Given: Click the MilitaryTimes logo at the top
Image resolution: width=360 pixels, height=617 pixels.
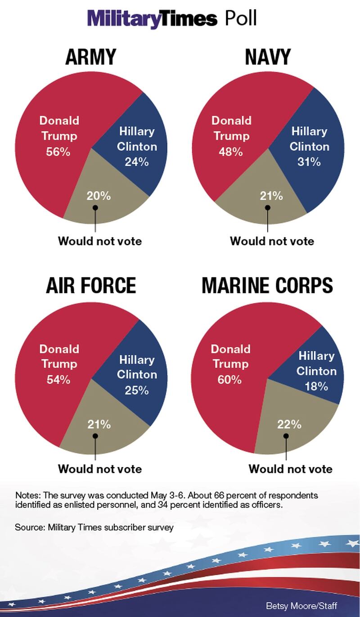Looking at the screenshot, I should pyautogui.click(x=152, y=19).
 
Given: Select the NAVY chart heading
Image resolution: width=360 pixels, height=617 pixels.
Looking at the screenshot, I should pyautogui.click(x=267, y=57).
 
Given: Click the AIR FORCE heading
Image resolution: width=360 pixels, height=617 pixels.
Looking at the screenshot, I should pyautogui.click(x=91, y=286).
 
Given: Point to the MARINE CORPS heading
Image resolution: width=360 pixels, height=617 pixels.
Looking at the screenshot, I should pyautogui.click(x=267, y=286).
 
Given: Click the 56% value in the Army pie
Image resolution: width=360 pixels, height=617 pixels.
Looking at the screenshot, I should pyautogui.click(x=58, y=152).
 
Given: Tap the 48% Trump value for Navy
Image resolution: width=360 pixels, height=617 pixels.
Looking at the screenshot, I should pyautogui.click(x=231, y=152).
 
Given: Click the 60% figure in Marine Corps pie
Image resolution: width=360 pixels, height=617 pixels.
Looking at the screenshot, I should pyautogui.click(x=230, y=380).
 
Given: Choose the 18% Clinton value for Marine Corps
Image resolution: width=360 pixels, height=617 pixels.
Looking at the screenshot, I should pyautogui.click(x=316, y=386).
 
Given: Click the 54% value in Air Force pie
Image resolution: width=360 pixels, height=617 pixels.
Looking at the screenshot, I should pyautogui.click(x=58, y=380).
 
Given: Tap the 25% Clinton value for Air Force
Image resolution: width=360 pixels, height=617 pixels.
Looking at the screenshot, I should pyautogui.click(x=137, y=390).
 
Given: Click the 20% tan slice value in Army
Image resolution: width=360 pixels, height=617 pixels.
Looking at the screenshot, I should pyautogui.click(x=99, y=196).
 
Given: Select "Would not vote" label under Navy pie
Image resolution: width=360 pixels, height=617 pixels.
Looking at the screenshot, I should pyautogui.click(x=272, y=241).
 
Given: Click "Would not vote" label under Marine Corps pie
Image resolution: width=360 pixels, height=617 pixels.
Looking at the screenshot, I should pyautogui.click(x=291, y=469).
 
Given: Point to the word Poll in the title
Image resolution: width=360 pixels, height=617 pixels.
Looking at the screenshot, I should pyautogui.click(x=241, y=19).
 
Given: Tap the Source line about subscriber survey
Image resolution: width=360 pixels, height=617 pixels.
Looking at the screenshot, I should pyautogui.click(x=94, y=528).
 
